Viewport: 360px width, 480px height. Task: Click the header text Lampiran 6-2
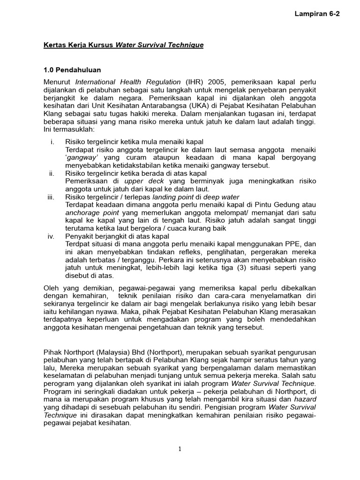click(317, 14)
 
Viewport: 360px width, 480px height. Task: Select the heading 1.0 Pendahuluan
click(72, 70)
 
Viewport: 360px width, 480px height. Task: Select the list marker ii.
click(52, 173)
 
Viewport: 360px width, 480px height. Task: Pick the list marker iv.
click(52, 236)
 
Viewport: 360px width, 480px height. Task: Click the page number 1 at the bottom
click(180, 449)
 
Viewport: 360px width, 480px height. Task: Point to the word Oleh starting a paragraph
click(51, 287)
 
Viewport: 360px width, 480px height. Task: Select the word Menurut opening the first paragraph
click(58, 82)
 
